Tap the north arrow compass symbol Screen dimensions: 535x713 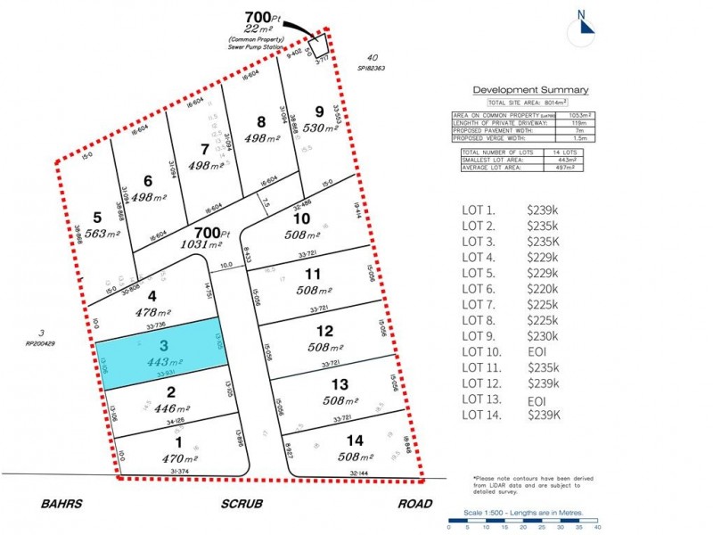[x=585, y=23]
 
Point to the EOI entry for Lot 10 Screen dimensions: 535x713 [x=537, y=351]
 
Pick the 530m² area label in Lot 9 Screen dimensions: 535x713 [x=320, y=128]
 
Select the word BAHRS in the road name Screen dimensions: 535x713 [x=61, y=504]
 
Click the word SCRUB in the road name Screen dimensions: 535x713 [x=242, y=504]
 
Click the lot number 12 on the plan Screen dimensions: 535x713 [x=325, y=332]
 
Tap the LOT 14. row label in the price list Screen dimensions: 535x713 [x=482, y=415]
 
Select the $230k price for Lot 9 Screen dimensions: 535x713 [x=543, y=335]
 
